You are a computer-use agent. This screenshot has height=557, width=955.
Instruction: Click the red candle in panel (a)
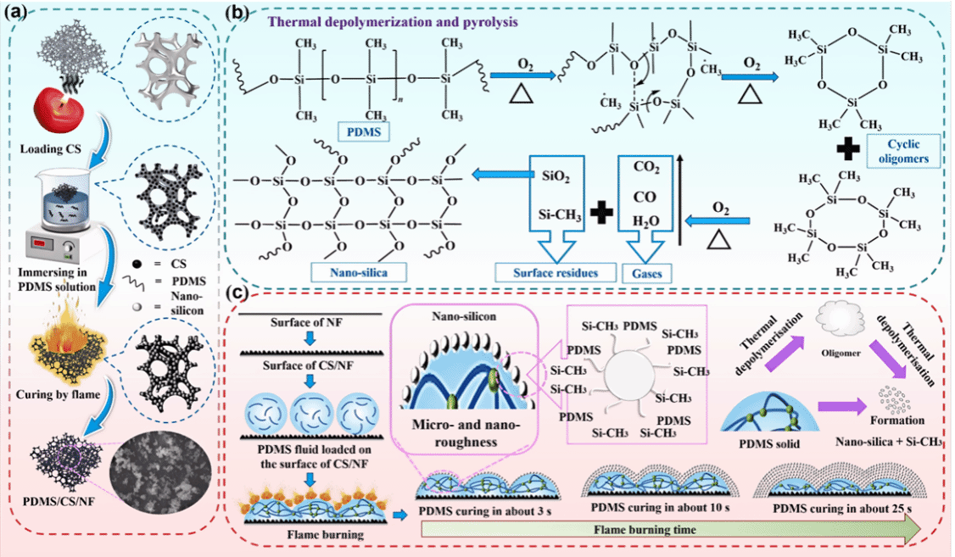[59, 109]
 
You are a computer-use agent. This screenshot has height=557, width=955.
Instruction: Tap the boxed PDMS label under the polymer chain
[364, 131]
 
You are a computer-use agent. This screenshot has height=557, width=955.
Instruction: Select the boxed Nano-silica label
[359, 272]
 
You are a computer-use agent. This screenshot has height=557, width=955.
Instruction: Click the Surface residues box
[556, 273]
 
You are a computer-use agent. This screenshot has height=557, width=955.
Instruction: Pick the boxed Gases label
[647, 273]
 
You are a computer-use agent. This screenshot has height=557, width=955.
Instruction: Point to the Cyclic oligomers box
[903, 151]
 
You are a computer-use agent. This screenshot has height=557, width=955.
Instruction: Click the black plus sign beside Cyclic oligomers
[848, 149]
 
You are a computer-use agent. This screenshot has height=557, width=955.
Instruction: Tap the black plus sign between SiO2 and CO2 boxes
[601, 213]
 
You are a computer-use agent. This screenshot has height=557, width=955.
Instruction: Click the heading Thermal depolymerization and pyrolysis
[393, 22]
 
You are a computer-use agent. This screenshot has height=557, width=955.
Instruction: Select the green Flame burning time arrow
[671, 530]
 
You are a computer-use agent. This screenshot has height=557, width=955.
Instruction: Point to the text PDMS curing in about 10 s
[660, 508]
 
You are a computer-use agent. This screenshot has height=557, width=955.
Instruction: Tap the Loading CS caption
[51, 149]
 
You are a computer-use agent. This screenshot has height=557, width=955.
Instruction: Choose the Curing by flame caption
[59, 394]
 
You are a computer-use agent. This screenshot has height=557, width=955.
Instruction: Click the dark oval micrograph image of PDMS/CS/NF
[161, 470]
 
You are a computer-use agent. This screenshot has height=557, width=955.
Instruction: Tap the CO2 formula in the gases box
[646, 167]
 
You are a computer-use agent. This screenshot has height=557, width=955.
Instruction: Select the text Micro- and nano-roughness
[466, 433]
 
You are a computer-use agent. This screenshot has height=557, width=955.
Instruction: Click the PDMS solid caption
[769, 443]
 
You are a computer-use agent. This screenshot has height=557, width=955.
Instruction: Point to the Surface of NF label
[306, 322]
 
